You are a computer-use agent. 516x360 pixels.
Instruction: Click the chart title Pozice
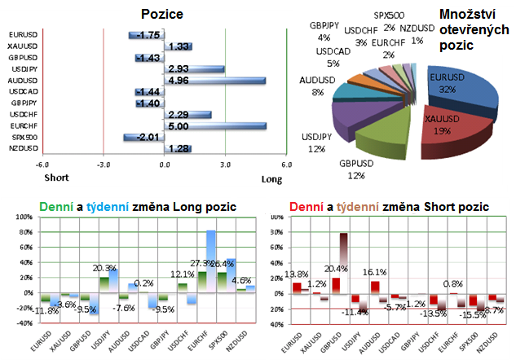point(161,15)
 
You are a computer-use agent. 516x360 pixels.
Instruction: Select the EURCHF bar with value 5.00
point(215,126)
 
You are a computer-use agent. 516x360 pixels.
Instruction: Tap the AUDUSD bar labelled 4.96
point(214,81)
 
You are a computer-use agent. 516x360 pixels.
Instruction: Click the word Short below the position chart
point(55,177)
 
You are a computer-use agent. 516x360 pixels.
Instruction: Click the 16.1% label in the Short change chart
point(373,271)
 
